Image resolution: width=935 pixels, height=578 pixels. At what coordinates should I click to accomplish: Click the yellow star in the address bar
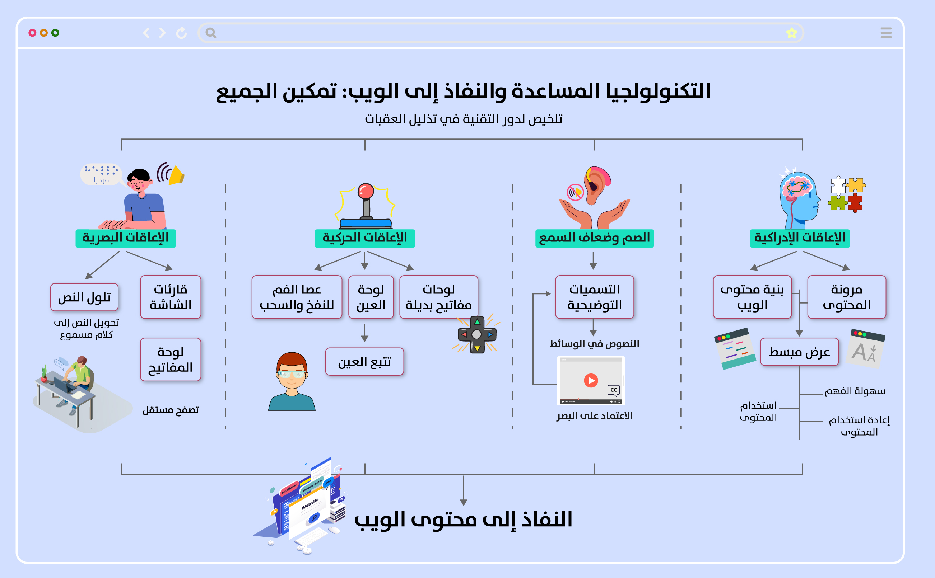(791, 33)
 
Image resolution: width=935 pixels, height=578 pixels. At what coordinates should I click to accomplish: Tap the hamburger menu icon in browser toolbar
(886, 33)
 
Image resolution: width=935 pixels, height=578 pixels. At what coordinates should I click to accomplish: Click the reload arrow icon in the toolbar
(181, 33)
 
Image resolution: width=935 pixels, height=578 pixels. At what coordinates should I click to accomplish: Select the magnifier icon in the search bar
(211, 33)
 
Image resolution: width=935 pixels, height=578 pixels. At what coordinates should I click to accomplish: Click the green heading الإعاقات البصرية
(125, 238)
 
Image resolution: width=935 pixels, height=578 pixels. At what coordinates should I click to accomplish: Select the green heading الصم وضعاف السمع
(595, 238)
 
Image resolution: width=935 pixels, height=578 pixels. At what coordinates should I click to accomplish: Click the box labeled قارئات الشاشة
(171, 297)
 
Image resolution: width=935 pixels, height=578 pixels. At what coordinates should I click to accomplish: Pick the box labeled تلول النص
(84, 297)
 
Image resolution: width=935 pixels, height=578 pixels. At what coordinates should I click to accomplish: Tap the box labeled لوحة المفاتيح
(171, 360)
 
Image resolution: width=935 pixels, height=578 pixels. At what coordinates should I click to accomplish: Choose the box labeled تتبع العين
(364, 362)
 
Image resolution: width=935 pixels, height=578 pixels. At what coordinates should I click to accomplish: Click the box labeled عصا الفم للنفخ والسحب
(297, 297)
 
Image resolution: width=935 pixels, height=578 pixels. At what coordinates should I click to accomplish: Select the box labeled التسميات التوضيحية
(595, 297)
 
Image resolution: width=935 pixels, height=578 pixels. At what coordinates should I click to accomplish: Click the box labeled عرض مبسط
(800, 352)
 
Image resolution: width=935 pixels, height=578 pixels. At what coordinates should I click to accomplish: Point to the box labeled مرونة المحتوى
(847, 297)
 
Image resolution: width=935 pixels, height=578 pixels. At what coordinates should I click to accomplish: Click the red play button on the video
(591, 380)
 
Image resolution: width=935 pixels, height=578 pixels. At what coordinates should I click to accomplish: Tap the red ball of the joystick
(366, 191)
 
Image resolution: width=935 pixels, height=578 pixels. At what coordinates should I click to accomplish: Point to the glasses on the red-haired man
(292, 373)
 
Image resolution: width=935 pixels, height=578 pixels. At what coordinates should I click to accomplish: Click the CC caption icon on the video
(614, 390)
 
